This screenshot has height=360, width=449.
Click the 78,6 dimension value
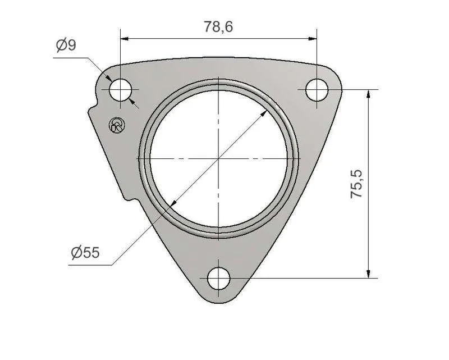coord(218,26)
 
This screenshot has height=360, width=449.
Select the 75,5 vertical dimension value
coord(356,184)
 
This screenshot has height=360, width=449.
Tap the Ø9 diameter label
coord(66,45)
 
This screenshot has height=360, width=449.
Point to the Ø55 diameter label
coord(85,253)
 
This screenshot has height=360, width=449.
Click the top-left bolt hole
coord(120,90)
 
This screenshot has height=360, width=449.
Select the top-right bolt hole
coord(317,90)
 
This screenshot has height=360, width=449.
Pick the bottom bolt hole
coord(219,279)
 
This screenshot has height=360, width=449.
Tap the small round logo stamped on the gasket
coord(117,125)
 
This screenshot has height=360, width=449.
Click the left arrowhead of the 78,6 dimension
coord(124,39)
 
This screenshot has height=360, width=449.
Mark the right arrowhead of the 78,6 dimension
coord(313,39)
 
